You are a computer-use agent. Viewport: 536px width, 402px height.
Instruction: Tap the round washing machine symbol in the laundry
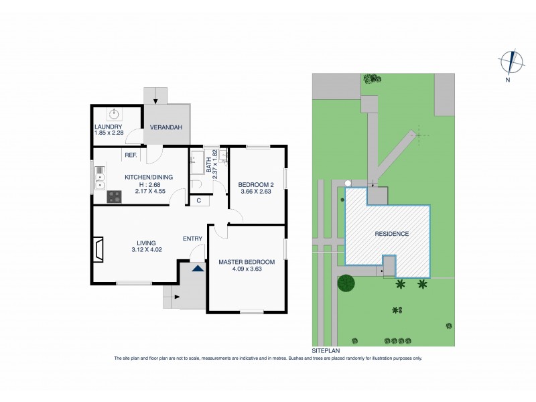(115, 113)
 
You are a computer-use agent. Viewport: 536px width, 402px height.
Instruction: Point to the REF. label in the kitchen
(131, 155)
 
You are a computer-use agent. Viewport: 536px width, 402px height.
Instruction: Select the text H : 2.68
(149, 185)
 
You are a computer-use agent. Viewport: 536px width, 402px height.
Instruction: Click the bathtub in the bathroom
(198, 163)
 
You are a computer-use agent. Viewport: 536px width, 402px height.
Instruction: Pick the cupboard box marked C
(199, 200)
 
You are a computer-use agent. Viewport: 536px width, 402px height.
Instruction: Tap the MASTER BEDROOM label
(247, 261)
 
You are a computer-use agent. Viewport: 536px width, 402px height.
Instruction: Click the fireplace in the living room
(99, 249)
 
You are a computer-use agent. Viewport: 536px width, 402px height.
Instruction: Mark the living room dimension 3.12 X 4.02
(147, 250)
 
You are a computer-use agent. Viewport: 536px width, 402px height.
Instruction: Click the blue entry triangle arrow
(197, 268)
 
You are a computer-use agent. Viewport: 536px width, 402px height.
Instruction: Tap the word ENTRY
(192, 239)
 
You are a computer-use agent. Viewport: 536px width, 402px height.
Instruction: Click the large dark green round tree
(347, 283)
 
